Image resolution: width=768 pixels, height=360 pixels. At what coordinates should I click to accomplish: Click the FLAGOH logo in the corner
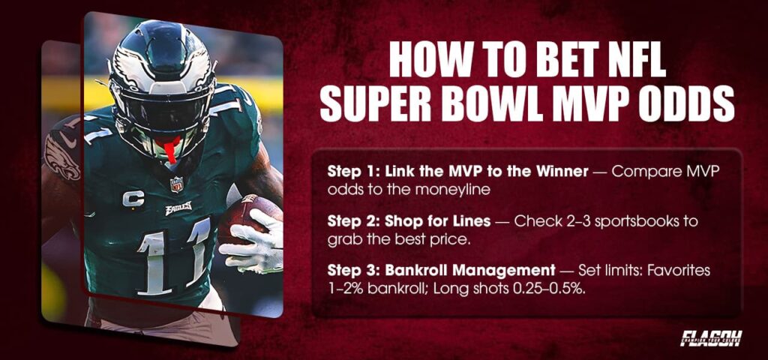coord(711,338)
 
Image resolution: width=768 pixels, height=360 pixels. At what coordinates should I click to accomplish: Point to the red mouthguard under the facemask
coord(172,148)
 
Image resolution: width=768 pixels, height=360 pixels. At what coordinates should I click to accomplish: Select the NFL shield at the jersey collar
coord(176,184)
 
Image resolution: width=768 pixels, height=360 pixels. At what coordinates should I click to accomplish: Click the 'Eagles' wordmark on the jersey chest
coord(178,208)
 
